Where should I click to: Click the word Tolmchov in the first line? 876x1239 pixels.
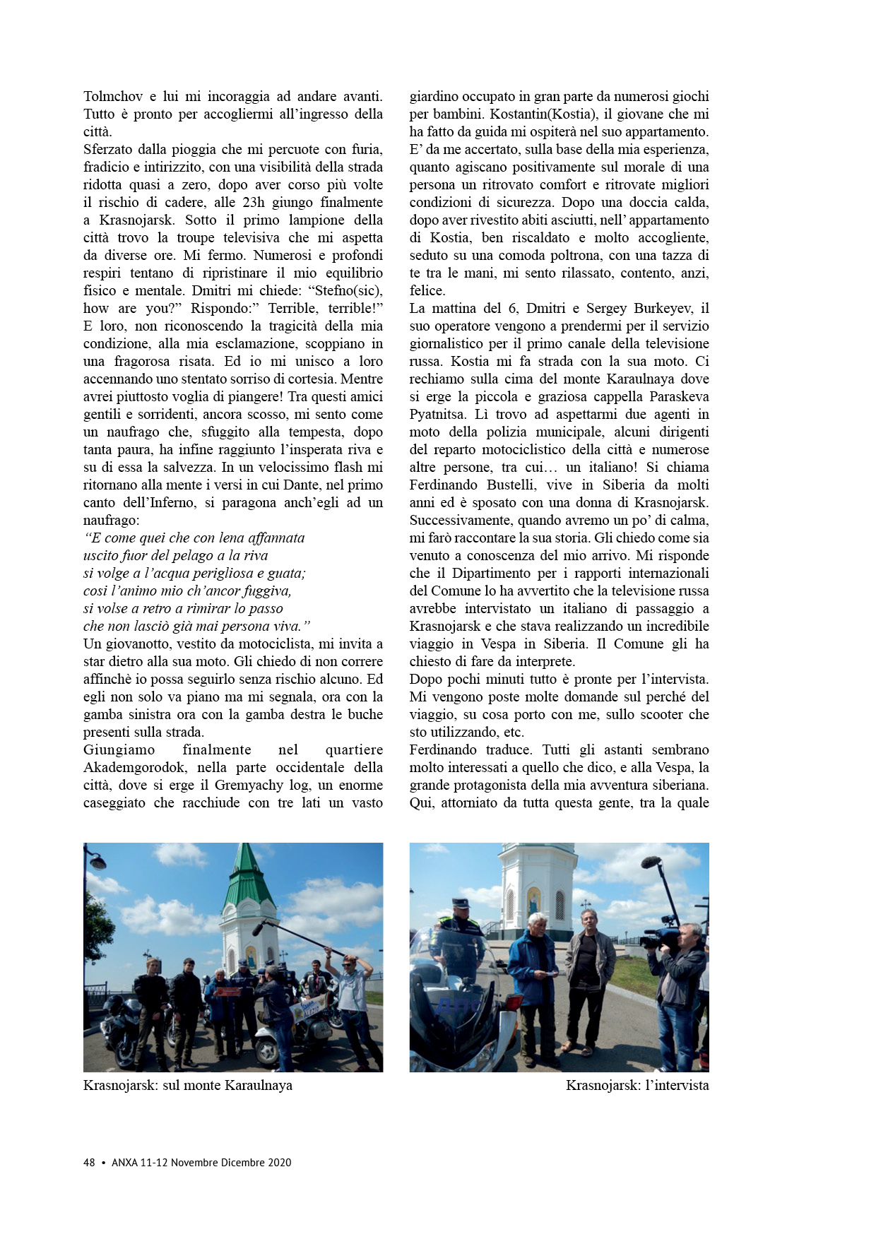point(113,96)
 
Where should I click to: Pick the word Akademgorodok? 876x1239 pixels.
point(134,767)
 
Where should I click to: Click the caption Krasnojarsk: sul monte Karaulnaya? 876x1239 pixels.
point(187,1085)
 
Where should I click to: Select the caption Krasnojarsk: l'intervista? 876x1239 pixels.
point(637,1085)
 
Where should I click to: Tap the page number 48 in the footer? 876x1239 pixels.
point(89,1162)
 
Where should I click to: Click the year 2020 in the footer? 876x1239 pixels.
point(280,1162)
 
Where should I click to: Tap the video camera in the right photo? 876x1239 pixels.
point(660,938)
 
